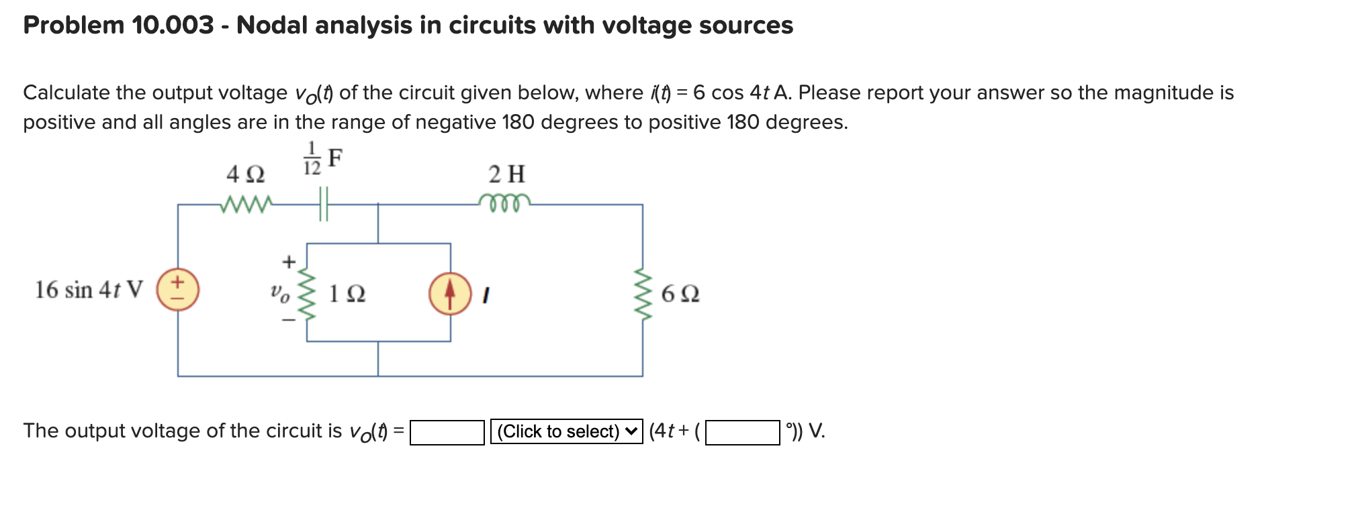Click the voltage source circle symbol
pos(178,290)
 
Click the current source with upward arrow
pos(450,294)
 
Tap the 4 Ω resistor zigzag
pos(246,203)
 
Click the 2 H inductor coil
pos(504,202)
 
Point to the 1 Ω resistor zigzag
pos(307,294)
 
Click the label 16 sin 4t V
pos(89,290)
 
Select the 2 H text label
pos(506,174)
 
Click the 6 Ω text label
pos(680,294)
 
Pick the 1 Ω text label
pos(347,294)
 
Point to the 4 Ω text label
pos(245,175)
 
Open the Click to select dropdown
pos(566,431)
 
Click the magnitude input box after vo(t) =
pos(447,432)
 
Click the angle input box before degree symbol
pos(742,432)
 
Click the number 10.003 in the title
pos(173,25)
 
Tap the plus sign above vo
pos(288,262)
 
